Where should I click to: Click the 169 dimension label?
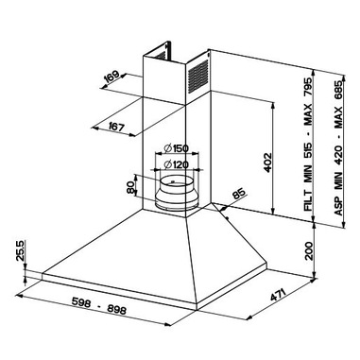(111, 77)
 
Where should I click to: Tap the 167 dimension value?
(116, 127)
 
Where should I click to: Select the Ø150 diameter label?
(176, 148)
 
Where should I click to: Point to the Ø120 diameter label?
(176, 164)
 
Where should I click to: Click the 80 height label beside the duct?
(130, 188)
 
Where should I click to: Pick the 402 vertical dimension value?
(267, 163)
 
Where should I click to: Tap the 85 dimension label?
(239, 194)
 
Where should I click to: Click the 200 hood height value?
(309, 250)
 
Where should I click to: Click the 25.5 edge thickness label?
(21, 250)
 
